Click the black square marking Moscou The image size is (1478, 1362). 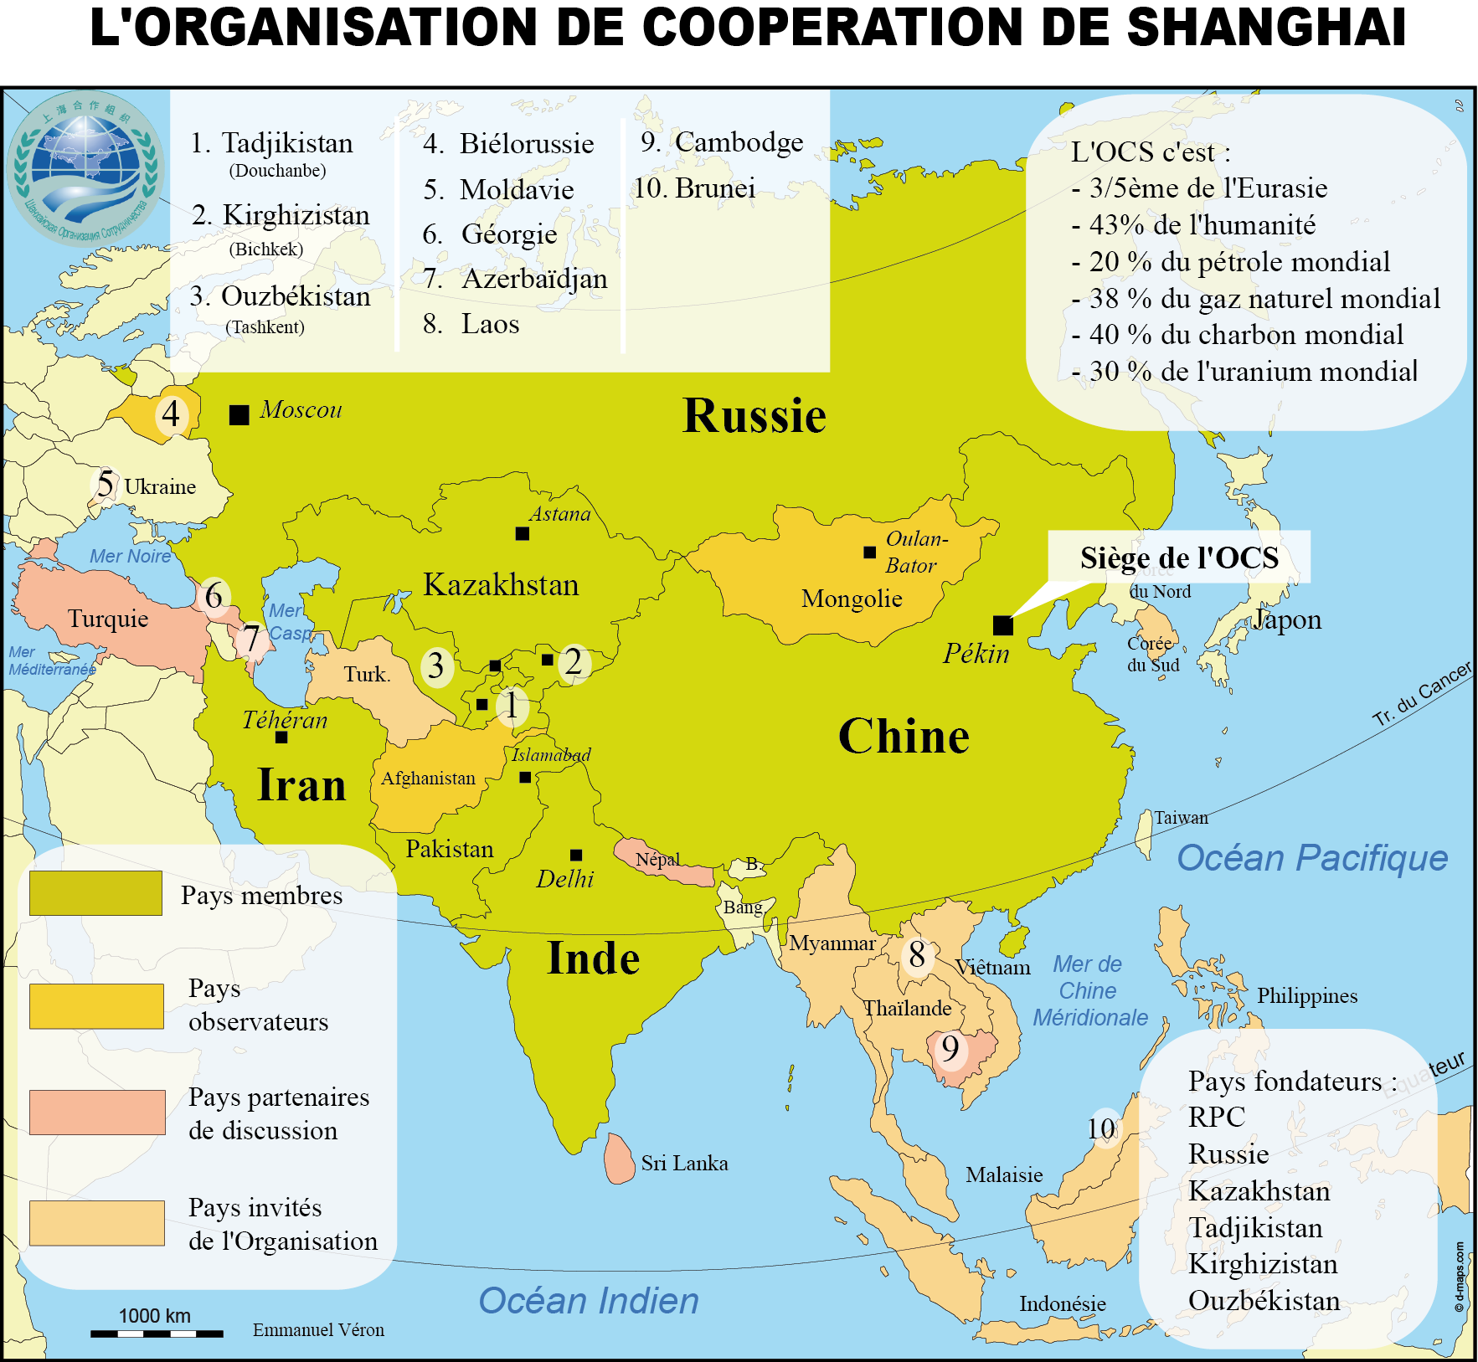coord(239,414)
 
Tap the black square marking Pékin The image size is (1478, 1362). coord(1002,625)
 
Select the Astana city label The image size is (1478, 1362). coord(560,514)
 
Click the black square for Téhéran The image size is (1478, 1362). coord(281,738)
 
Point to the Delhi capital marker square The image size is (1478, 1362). coord(576,855)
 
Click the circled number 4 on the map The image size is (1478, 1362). coord(171,414)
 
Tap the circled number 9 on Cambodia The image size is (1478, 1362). coord(950,1048)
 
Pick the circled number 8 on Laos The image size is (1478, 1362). coord(917,954)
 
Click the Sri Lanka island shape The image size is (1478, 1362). coord(620,1159)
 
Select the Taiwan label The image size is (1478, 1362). coord(1181,818)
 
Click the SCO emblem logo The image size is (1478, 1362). coord(85,167)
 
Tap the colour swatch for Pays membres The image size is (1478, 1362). coord(95,893)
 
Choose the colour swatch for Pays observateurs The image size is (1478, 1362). coord(96,1005)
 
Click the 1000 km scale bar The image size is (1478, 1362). coord(157,1333)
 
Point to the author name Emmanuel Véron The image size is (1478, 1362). coord(318,1329)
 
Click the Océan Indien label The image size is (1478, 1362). coord(588,1301)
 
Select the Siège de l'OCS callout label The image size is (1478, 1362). coord(1178,558)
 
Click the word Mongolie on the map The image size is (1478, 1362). coord(851,599)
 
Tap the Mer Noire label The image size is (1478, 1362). coord(130,556)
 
